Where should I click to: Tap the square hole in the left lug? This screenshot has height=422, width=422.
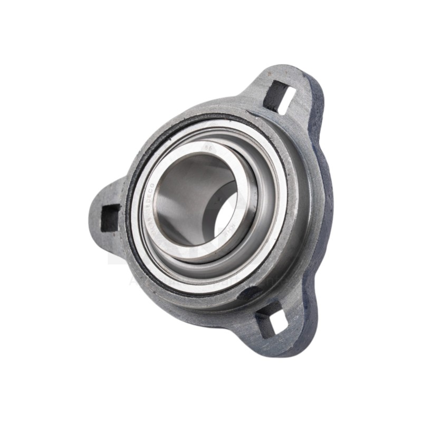[110, 217]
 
